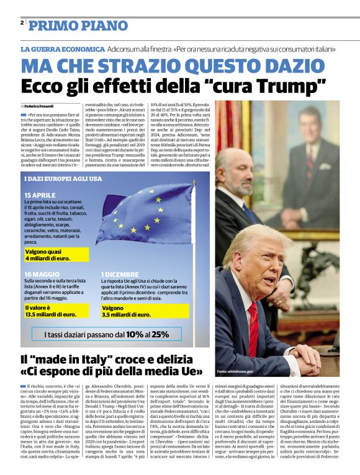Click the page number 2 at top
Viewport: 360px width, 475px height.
(22, 23)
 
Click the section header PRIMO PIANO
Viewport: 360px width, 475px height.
(78, 25)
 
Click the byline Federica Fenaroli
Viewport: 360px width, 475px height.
(40, 106)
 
